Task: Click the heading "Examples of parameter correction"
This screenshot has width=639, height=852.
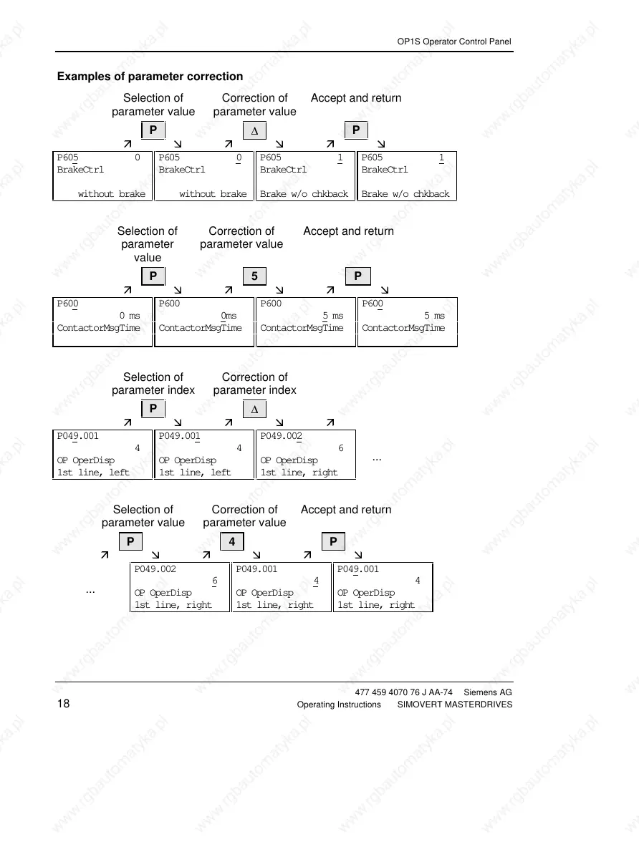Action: coord(150,77)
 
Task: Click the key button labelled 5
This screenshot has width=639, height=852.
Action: coord(254,276)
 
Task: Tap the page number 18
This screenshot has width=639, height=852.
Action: coord(63,705)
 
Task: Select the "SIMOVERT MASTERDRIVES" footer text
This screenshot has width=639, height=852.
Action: coord(454,705)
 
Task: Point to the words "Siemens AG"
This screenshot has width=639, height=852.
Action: coord(488,692)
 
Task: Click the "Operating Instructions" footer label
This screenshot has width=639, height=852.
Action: coord(339,705)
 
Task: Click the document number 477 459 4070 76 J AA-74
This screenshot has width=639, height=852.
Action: coord(404,692)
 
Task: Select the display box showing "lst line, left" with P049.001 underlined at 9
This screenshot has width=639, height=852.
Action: coord(102,454)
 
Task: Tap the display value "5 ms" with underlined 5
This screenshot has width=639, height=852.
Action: coord(332,316)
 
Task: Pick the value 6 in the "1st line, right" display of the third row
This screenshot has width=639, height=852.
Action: coord(340,448)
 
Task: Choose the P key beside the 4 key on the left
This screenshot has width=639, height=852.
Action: coord(130,542)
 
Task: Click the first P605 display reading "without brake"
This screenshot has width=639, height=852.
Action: coord(102,175)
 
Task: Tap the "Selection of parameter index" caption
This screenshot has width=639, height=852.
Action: coord(153,384)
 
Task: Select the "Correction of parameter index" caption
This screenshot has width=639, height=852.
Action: coord(254,384)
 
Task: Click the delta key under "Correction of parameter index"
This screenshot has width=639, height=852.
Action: coord(254,409)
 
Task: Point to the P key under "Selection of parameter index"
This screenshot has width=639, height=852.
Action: coord(153,409)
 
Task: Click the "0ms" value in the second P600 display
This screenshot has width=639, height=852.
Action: coord(229,316)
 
